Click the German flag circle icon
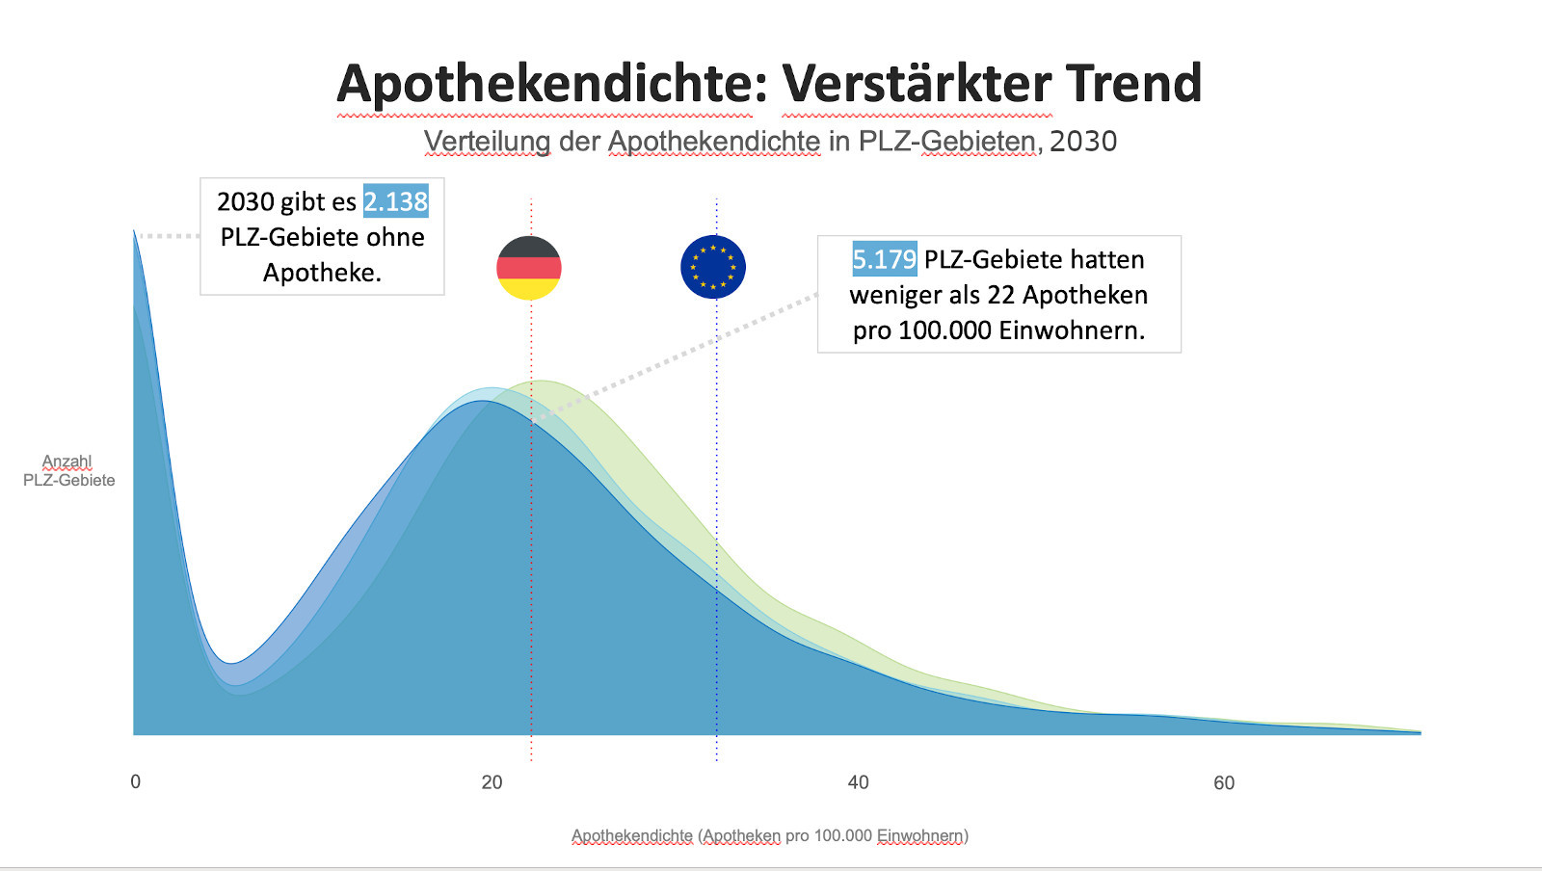[x=529, y=267]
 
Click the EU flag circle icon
[x=713, y=267]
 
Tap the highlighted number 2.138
[x=396, y=201]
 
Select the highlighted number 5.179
[x=884, y=259]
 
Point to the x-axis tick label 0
[x=136, y=781]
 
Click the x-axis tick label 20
[x=492, y=782]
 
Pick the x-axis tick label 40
[x=858, y=782]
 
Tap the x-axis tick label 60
[x=1224, y=782]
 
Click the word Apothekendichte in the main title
[x=552, y=84]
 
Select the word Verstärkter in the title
[x=916, y=84]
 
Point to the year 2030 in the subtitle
[x=1083, y=142]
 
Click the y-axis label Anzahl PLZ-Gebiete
[x=68, y=471]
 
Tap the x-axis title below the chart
[x=770, y=835]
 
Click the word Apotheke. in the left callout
[x=322, y=273]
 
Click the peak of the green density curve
[x=543, y=382]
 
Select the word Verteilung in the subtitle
[x=488, y=142]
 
